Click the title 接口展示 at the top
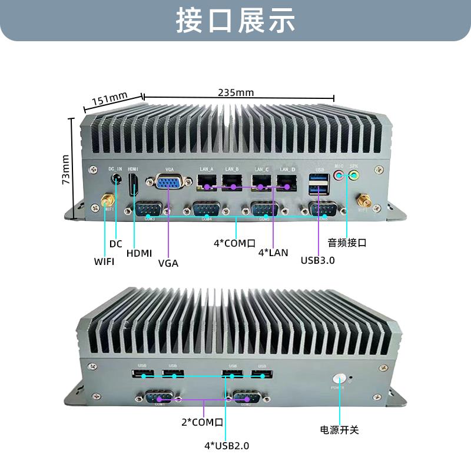coord(235,21)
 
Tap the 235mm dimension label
coord(235,92)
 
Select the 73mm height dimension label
coord(66,169)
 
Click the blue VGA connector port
coord(168,183)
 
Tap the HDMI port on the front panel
coord(134,184)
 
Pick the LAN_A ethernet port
coord(206,182)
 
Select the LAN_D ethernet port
coord(287,182)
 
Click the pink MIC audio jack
coord(338,175)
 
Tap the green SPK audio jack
coord(354,175)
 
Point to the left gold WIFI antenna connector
coord(107,201)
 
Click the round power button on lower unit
coord(340,379)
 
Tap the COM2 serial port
coord(246,398)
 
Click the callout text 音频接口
coord(347,243)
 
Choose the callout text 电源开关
coord(339,430)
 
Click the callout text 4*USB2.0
coord(227,446)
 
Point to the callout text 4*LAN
coord(274,253)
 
